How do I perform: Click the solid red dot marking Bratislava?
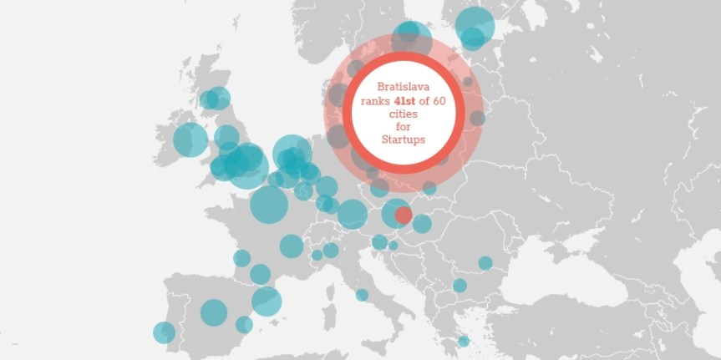point(404,215)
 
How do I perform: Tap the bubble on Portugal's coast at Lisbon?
point(164,332)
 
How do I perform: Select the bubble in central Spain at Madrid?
point(214,312)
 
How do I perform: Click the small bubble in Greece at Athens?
point(464,341)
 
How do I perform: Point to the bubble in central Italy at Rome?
point(362,295)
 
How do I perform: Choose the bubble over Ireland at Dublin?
point(190,139)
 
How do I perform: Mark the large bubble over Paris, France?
point(268,203)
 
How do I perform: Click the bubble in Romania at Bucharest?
point(485,263)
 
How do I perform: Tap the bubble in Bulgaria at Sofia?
point(460,286)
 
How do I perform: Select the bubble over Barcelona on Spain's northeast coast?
point(267,301)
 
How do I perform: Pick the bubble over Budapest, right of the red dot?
point(422,224)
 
